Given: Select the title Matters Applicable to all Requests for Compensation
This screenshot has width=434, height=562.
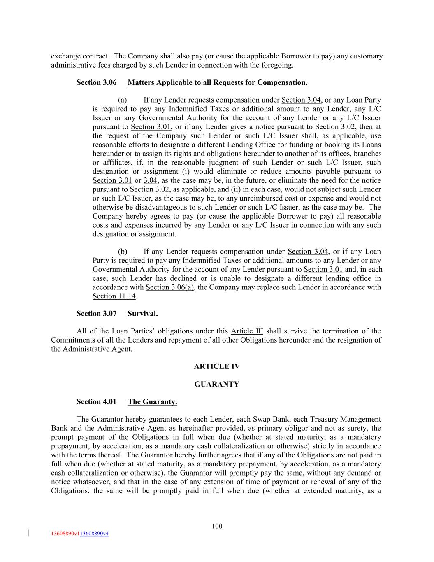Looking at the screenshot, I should pyautogui.click(x=217, y=82).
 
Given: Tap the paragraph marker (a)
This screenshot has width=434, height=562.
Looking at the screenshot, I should pyautogui.click(x=122, y=100).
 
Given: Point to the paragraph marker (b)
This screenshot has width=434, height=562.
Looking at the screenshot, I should pyautogui.click(x=123, y=252).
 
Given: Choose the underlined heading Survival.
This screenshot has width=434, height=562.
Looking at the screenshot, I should pyautogui.click(x=142, y=314).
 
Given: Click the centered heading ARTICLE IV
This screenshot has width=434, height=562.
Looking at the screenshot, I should pyautogui.click(x=217, y=366).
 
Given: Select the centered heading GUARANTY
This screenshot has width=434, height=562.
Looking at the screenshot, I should pyautogui.click(x=217, y=384).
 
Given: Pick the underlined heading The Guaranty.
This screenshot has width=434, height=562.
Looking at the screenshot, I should pyautogui.click(x=152, y=402).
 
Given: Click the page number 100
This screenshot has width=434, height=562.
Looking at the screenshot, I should pyautogui.click(x=217, y=526).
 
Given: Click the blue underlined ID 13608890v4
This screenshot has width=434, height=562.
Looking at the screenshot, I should pyautogui.click(x=94, y=534).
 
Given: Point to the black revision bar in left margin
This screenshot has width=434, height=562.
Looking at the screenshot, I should pyautogui.click(x=28, y=533).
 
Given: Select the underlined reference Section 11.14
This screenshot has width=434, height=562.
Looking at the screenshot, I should pyautogui.click(x=114, y=296).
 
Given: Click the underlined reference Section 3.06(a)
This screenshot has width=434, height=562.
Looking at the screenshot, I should pyautogui.click(x=170, y=287).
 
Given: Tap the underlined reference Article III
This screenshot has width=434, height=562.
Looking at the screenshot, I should pyautogui.click(x=247, y=331).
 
